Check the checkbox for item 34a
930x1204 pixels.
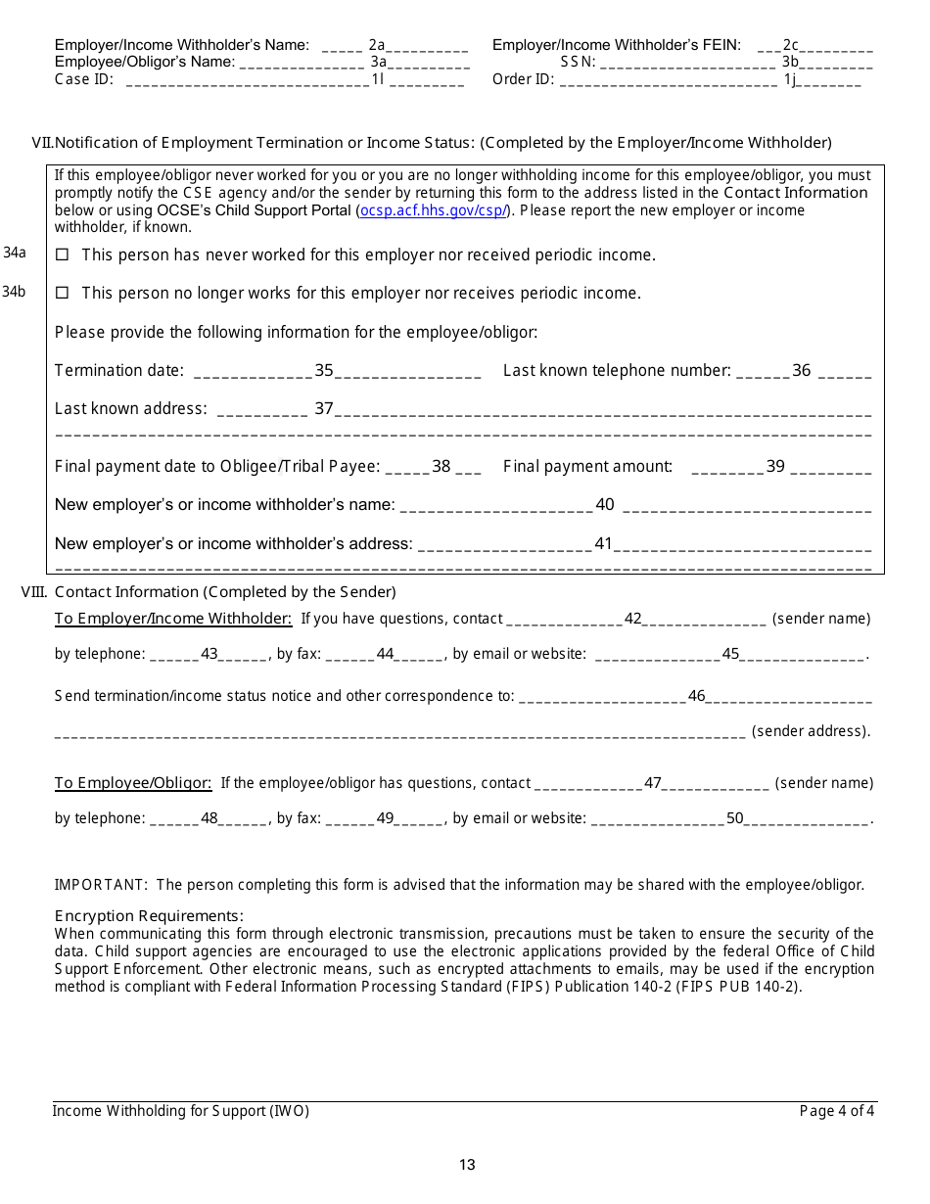(x=63, y=255)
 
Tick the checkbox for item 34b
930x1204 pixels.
(x=63, y=294)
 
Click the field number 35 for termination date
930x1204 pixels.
(x=324, y=371)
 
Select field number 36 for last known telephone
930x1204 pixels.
(x=802, y=371)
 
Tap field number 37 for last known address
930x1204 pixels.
(x=324, y=409)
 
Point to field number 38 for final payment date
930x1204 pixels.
(x=442, y=467)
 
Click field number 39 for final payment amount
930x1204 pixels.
(x=775, y=467)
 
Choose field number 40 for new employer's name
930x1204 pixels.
(x=605, y=505)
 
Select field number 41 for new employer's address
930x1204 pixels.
(x=603, y=544)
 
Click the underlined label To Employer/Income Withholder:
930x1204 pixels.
(x=173, y=619)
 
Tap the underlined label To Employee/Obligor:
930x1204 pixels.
(x=133, y=783)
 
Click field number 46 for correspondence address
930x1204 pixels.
(x=697, y=697)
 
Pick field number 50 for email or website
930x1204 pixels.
(x=735, y=818)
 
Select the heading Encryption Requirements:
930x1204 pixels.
(x=149, y=916)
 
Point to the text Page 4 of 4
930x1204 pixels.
(x=837, y=1111)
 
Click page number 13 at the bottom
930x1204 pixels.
(x=467, y=1165)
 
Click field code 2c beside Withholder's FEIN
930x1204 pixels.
(x=791, y=45)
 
